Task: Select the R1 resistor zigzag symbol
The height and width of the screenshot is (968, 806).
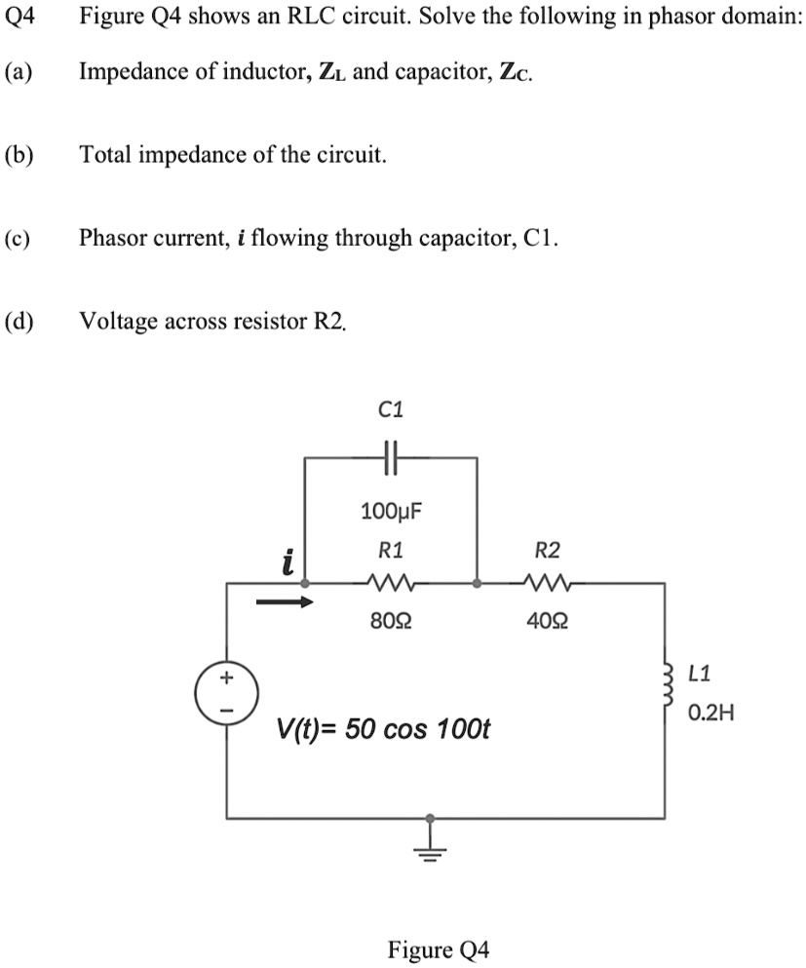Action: click(x=390, y=584)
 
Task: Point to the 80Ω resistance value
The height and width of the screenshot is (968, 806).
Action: click(x=390, y=621)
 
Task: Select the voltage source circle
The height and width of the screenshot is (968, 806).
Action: click(x=227, y=693)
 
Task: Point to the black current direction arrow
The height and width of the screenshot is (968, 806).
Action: click(x=285, y=602)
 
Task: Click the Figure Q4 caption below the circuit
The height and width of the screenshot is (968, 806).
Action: click(x=439, y=949)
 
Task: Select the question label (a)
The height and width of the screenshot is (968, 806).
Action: click(x=18, y=71)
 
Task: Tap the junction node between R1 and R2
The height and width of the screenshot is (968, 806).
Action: click(x=477, y=584)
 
